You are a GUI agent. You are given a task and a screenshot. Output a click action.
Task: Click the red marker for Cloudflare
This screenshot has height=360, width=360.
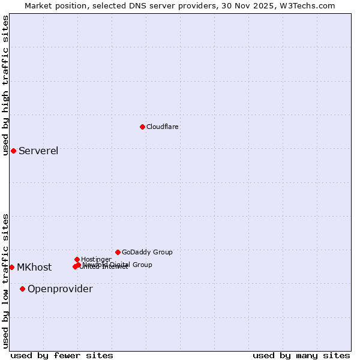tap(142, 127)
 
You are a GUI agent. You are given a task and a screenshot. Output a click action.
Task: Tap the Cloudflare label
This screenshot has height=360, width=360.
tap(162, 127)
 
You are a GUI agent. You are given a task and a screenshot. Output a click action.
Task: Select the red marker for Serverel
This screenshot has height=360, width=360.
tap(13, 151)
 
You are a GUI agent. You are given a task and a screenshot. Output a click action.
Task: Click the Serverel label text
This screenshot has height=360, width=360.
tap(38, 151)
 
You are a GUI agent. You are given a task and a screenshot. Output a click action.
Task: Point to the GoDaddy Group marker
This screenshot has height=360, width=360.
tap(118, 252)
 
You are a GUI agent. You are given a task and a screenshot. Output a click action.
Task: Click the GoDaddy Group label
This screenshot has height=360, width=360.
tap(147, 252)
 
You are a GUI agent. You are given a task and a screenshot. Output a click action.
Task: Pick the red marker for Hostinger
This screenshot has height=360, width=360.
tap(77, 259)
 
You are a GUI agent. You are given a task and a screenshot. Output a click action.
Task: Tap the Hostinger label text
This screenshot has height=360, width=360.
tap(96, 259)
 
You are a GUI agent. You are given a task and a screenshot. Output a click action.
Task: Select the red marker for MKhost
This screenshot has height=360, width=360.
tap(11, 267)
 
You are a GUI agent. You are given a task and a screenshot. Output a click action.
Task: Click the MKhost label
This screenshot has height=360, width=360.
tap(34, 268)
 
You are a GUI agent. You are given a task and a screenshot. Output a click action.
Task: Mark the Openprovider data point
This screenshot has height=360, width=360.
tap(22, 289)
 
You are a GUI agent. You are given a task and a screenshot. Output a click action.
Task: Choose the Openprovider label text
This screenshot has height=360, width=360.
tap(60, 289)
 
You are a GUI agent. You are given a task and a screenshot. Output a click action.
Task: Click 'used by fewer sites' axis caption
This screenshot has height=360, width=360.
tap(62, 355)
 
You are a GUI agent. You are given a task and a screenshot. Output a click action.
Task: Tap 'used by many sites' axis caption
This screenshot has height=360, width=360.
tap(301, 355)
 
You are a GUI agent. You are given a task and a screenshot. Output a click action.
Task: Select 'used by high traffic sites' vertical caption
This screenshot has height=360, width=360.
tap(5, 85)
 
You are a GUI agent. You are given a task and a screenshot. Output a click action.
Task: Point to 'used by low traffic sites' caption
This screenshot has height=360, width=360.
tap(5, 281)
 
